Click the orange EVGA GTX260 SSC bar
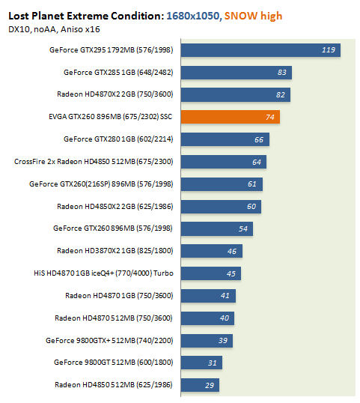pos(231,117)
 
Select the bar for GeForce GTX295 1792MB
pos(260,50)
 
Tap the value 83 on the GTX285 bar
pos(281,73)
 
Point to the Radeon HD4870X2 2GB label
pos(115,94)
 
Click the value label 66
pos(259,140)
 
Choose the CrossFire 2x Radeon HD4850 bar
pos(224,162)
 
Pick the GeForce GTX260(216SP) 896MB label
pos(101,184)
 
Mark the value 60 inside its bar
pos(251,207)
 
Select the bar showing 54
pos(217,229)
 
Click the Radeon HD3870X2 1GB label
pos(115,251)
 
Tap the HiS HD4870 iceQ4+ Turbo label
pos(103,273)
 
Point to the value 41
pos(225,296)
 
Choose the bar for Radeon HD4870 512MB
pos(207,318)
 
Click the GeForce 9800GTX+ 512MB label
pos(109,341)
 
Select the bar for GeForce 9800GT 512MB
pos(201,363)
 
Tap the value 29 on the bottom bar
pos(210,385)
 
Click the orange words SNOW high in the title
pos(253,16)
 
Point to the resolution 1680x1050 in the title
pos(193,16)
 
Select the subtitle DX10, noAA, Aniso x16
pos(54,29)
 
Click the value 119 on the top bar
pos(329,50)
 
